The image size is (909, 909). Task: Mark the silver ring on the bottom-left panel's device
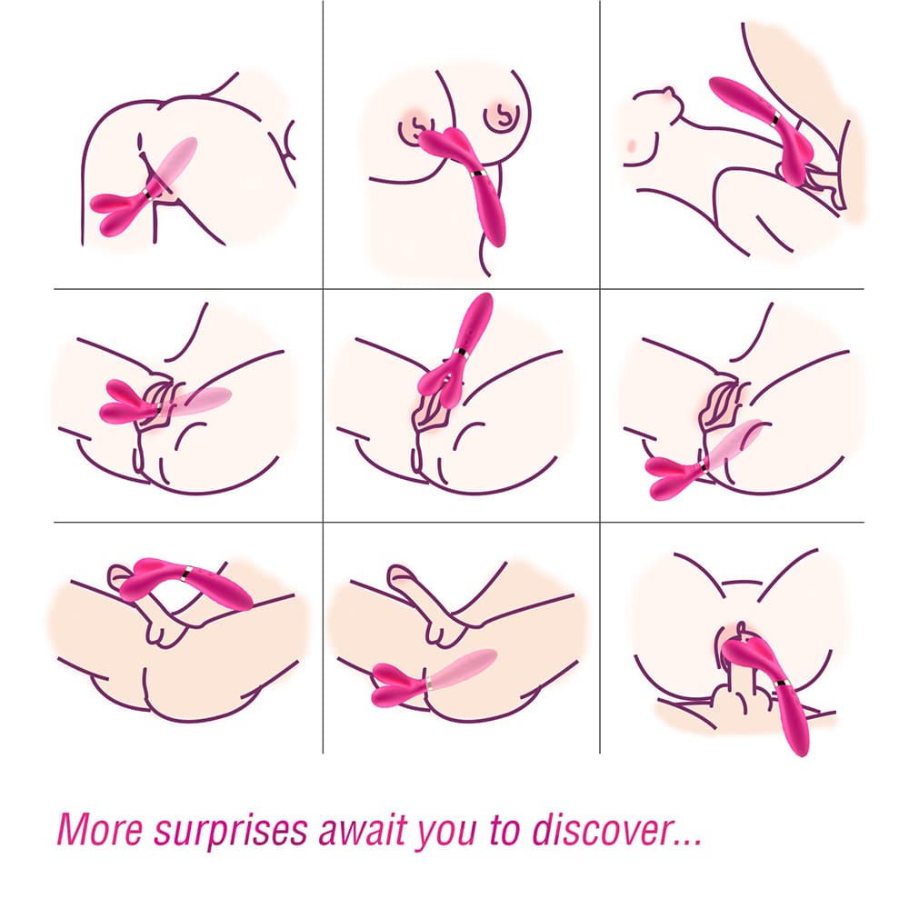[186, 572]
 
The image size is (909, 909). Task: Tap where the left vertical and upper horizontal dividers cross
[324, 290]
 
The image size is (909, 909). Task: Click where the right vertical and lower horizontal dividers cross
[600, 523]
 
